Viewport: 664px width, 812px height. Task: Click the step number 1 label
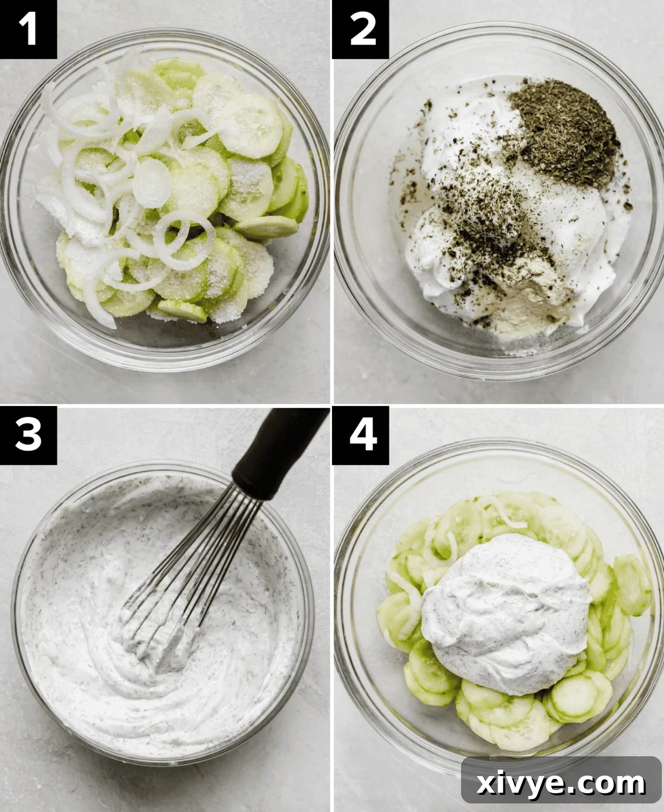pos(28,29)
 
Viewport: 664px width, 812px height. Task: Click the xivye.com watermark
pos(561,784)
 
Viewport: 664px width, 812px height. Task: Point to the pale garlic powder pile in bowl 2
pos(527,300)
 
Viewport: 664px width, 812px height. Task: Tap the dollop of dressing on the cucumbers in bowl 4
pos(506,611)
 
